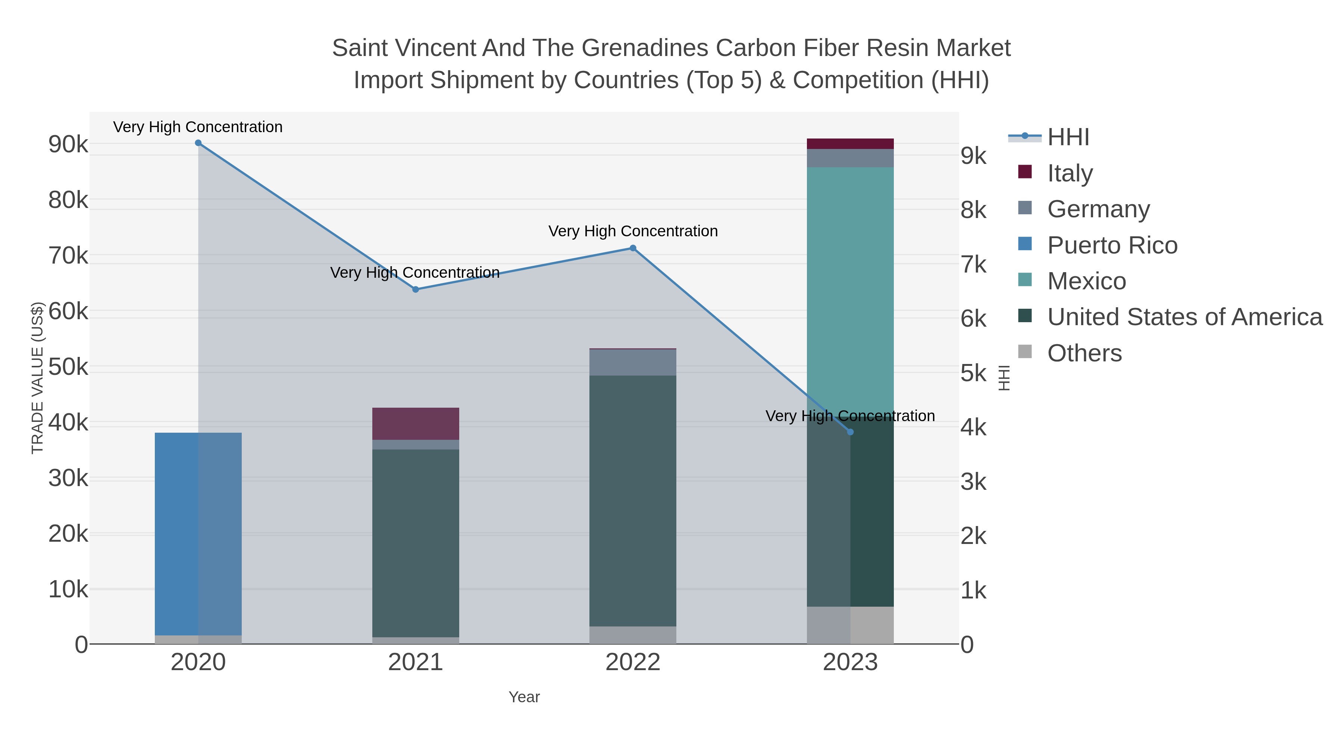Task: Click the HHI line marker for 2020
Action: [x=198, y=143]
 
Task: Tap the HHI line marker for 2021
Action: [x=416, y=290]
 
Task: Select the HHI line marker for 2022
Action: [x=633, y=248]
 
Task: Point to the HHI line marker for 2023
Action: [x=850, y=432]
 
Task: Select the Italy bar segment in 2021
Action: [x=416, y=424]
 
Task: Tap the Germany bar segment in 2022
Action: [x=633, y=362]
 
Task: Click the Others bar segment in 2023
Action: [x=850, y=625]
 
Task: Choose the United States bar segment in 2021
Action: [x=416, y=542]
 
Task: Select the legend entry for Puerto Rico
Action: [x=1112, y=245]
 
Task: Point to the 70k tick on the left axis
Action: [x=68, y=256]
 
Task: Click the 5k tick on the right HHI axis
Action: [x=973, y=374]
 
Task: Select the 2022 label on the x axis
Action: [x=633, y=663]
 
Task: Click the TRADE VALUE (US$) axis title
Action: [x=38, y=378]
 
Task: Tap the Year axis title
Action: [x=524, y=697]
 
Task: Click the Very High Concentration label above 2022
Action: [x=633, y=231]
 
